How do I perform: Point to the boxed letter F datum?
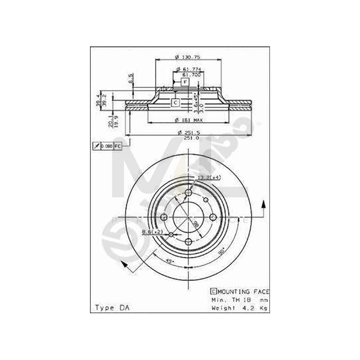coord(185,82)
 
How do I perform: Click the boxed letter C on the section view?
coord(176,103)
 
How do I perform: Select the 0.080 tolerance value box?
coord(106,146)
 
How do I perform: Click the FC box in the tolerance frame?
coord(118,146)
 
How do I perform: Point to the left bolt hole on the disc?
coord(164,217)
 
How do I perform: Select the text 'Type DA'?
coord(110,308)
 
